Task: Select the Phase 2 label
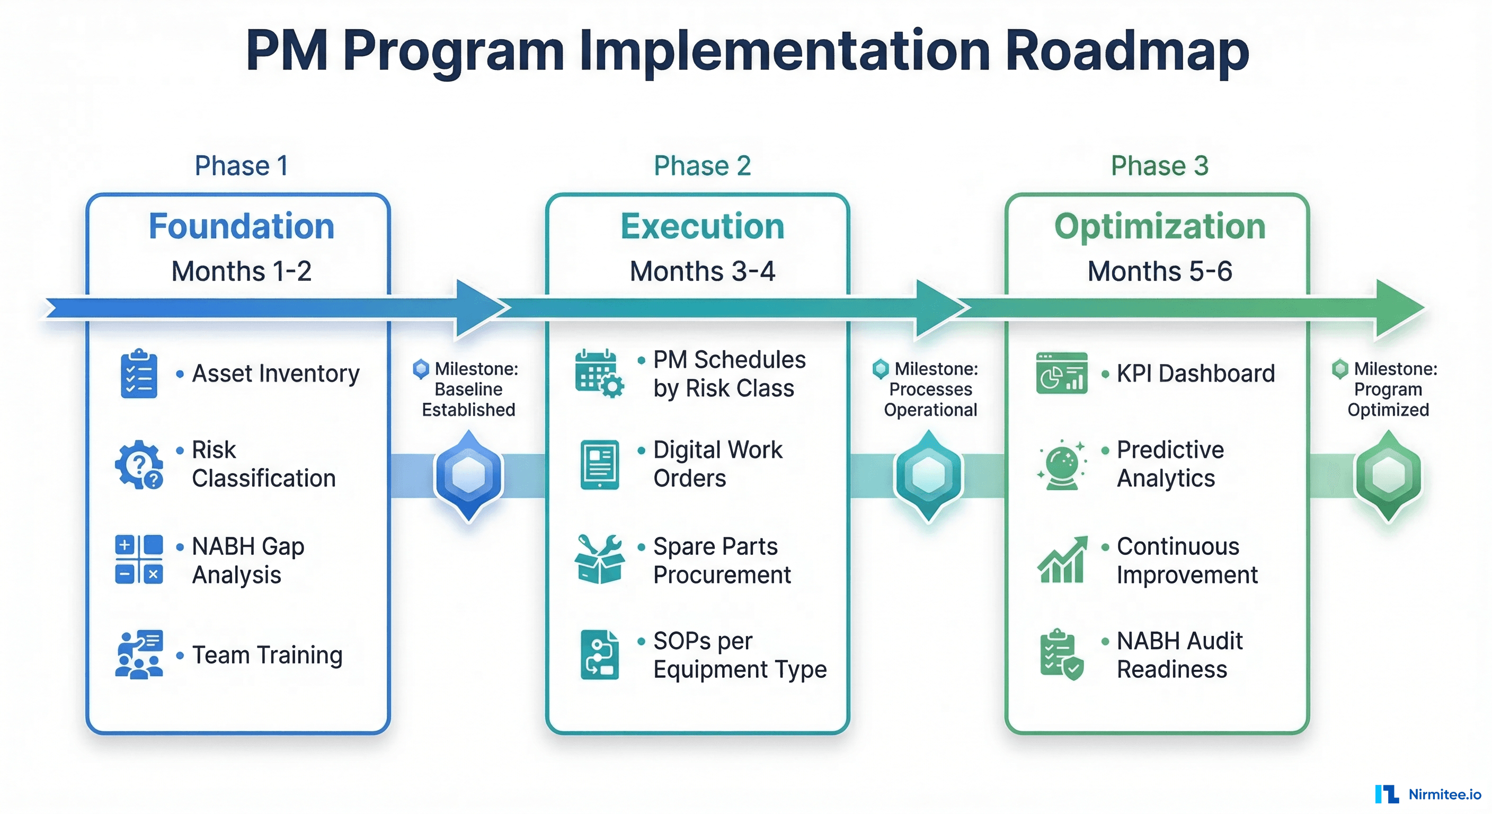tap(702, 166)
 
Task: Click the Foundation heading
tap(242, 226)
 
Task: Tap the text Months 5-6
tap(1160, 271)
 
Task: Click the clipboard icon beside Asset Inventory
tap(139, 374)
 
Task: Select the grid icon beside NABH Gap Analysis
tap(139, 560)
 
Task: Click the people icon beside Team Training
tap(139, 654)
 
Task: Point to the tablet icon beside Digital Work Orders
tap(599, 465)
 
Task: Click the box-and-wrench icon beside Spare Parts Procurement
tap(599, 560)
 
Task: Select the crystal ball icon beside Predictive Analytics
tap(1062, 465)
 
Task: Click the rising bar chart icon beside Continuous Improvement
tap(1062, 560)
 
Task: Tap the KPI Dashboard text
tap(1195, 374)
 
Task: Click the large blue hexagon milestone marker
tap(468, 475)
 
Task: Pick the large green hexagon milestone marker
tap(1388, 475)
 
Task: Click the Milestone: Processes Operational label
tap(930, 390)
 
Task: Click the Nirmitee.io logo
tap(1428, 794)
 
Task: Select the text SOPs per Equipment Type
tap(740, 655)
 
